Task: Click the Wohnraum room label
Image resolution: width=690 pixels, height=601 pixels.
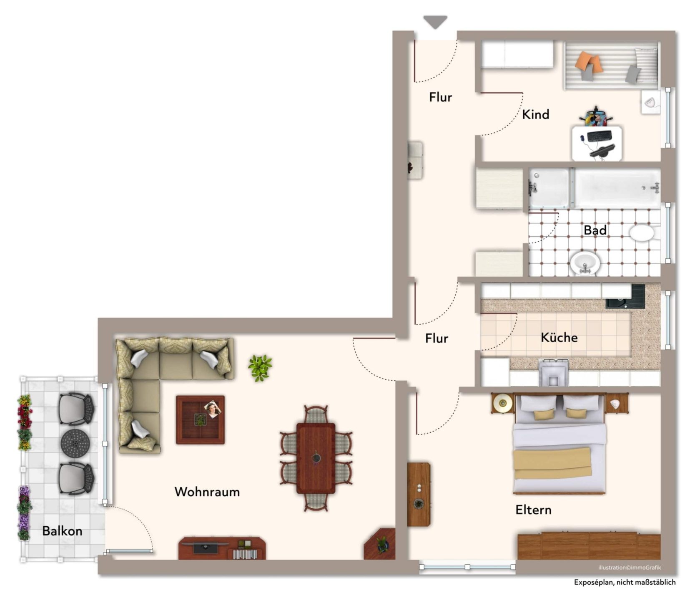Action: pos(207,492)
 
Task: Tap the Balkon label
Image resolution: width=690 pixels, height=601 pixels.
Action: pos(62,531)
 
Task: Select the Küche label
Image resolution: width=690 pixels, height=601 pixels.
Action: pos(559,337)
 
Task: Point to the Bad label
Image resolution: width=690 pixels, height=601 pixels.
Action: pos(595,230)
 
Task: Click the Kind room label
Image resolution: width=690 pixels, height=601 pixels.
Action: pos(536,114)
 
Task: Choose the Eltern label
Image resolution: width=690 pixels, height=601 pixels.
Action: pos(533,510)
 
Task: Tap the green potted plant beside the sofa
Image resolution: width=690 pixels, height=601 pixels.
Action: pos(260,368)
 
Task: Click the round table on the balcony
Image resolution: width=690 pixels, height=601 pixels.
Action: pos(75,444)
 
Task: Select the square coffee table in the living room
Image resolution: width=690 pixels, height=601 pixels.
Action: pos(201,420)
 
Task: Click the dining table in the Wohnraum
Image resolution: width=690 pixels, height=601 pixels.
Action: pos(316,458)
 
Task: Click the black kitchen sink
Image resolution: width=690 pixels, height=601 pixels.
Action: pos(625,297)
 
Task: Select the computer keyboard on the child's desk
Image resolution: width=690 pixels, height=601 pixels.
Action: pos(599,136)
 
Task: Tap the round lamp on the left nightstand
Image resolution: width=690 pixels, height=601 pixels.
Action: pos(502,403)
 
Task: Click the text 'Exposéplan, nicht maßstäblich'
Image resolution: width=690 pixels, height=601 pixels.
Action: pos(625,582)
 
